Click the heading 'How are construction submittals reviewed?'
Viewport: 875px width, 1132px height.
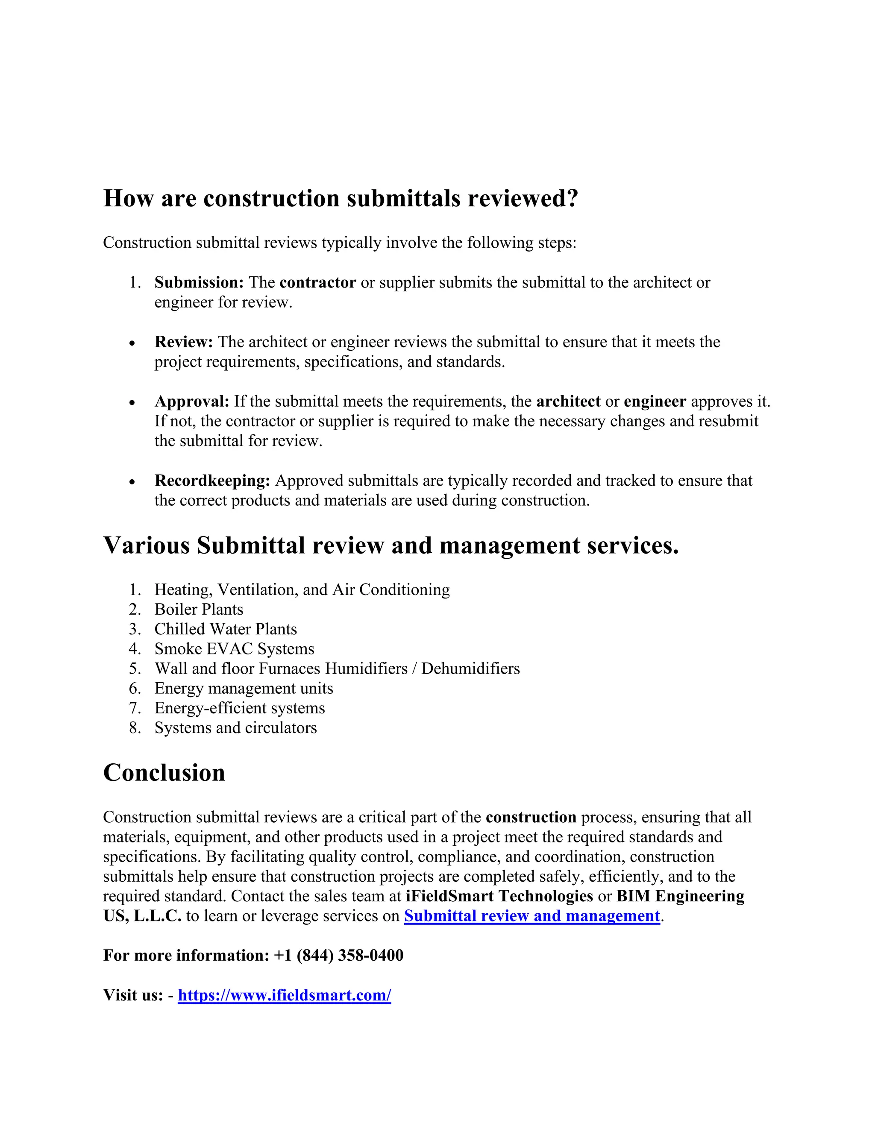340,199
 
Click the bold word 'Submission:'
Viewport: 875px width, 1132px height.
199,282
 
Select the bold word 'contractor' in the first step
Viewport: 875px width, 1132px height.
317,282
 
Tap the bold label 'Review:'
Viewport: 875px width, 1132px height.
183,342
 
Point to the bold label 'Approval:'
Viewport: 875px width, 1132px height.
191,402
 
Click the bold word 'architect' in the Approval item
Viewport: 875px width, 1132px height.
568,402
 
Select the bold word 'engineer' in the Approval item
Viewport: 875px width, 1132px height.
655,402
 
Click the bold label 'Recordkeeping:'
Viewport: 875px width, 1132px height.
212,481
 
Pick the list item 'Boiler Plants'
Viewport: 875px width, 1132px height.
199,610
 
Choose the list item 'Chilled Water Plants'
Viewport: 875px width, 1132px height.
226,629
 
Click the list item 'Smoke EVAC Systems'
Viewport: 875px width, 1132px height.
234,649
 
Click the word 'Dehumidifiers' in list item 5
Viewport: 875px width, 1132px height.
470,669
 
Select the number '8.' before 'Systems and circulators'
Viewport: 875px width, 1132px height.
135,728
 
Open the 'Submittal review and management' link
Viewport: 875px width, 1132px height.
532,916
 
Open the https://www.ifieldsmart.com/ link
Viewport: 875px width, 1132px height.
284,995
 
